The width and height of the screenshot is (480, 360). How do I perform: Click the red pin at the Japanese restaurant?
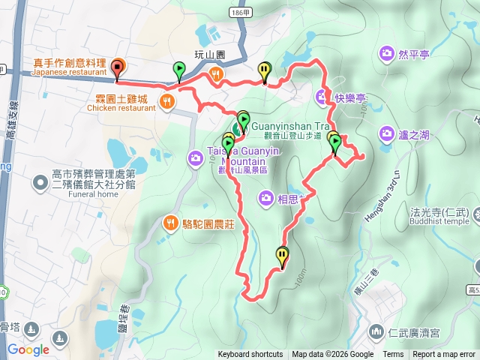click(x=117, y=68)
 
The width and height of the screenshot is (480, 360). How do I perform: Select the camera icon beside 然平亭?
click(x=386, y=53)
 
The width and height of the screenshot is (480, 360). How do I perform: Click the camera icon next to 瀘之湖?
click(x=386, y=134)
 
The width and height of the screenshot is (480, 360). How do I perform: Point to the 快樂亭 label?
click(x=350, y=97)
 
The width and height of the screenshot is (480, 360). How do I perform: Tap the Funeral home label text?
click(x=97, y=193)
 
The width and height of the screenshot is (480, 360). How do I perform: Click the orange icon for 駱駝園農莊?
click(x=170, y=223)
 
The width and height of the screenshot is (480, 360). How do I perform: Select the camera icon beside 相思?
click(x=265, y=198)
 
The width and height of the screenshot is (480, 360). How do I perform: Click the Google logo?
click(x=28, y=349)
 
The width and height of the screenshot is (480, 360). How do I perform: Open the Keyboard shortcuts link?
click(x=250, y=355)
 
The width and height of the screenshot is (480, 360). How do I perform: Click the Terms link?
click(x=393, y=355)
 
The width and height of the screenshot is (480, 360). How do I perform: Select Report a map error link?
click(x=444, y=355)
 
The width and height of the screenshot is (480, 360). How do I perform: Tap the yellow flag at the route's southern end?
click(x=282, y=256)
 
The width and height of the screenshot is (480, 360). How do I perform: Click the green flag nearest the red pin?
click(x=178, y=70)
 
